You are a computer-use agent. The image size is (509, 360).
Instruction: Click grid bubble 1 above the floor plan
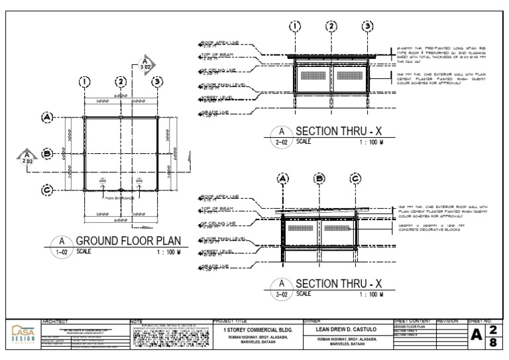(x=84, y=82)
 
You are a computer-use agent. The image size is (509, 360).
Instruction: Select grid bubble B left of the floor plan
(x=47, y=154)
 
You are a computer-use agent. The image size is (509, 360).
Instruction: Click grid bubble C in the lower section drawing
(x=356, y=179)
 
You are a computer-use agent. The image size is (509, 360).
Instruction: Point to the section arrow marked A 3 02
(x=145, y=65)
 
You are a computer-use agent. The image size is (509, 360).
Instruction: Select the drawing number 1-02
(x=61, y=253)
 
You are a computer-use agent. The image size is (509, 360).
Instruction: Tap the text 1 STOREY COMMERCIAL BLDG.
(x=254, y=330)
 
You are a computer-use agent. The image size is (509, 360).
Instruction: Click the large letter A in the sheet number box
(x=476, y=336)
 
